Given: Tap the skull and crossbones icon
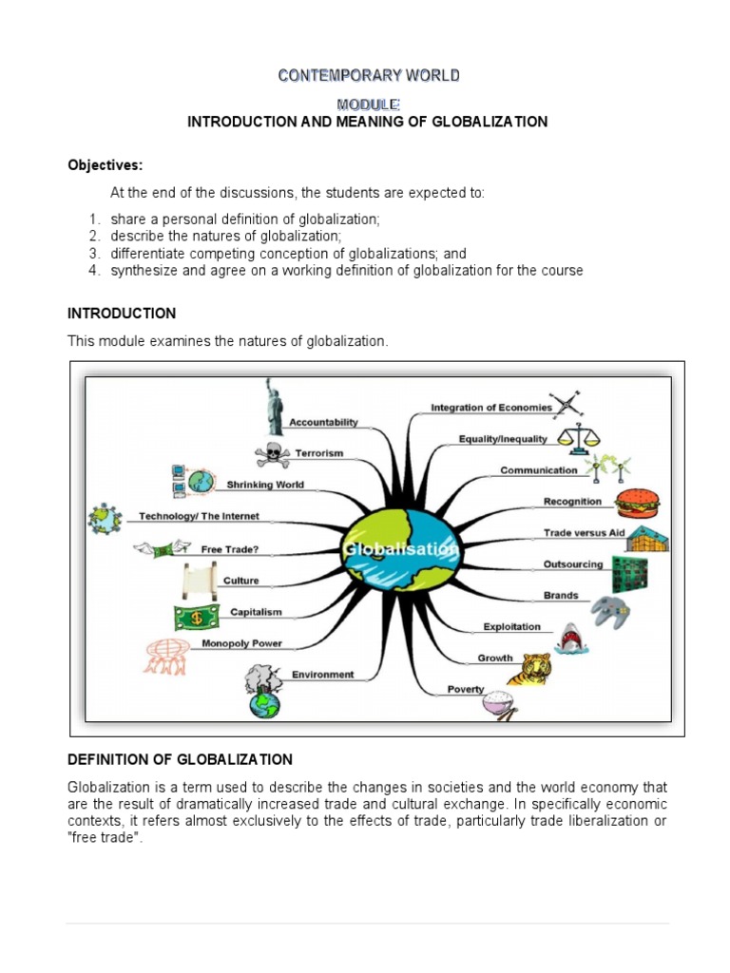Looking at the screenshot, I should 273,454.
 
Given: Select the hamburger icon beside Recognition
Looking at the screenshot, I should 634,502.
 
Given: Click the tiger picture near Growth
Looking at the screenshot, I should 529,668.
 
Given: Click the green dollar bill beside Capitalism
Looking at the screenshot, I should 195,618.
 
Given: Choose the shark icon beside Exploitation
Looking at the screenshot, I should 568,638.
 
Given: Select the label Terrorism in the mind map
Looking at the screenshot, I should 319,453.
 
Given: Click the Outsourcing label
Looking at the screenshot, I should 572,564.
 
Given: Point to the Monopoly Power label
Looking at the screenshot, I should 241,643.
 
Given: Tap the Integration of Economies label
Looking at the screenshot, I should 490,408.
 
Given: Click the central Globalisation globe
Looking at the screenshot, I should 401,550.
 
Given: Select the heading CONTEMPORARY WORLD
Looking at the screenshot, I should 369,75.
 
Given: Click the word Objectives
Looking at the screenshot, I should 105,165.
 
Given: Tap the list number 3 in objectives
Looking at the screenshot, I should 95,254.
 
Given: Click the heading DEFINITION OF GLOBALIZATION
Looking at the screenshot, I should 180,759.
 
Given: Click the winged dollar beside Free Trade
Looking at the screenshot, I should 160,549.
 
